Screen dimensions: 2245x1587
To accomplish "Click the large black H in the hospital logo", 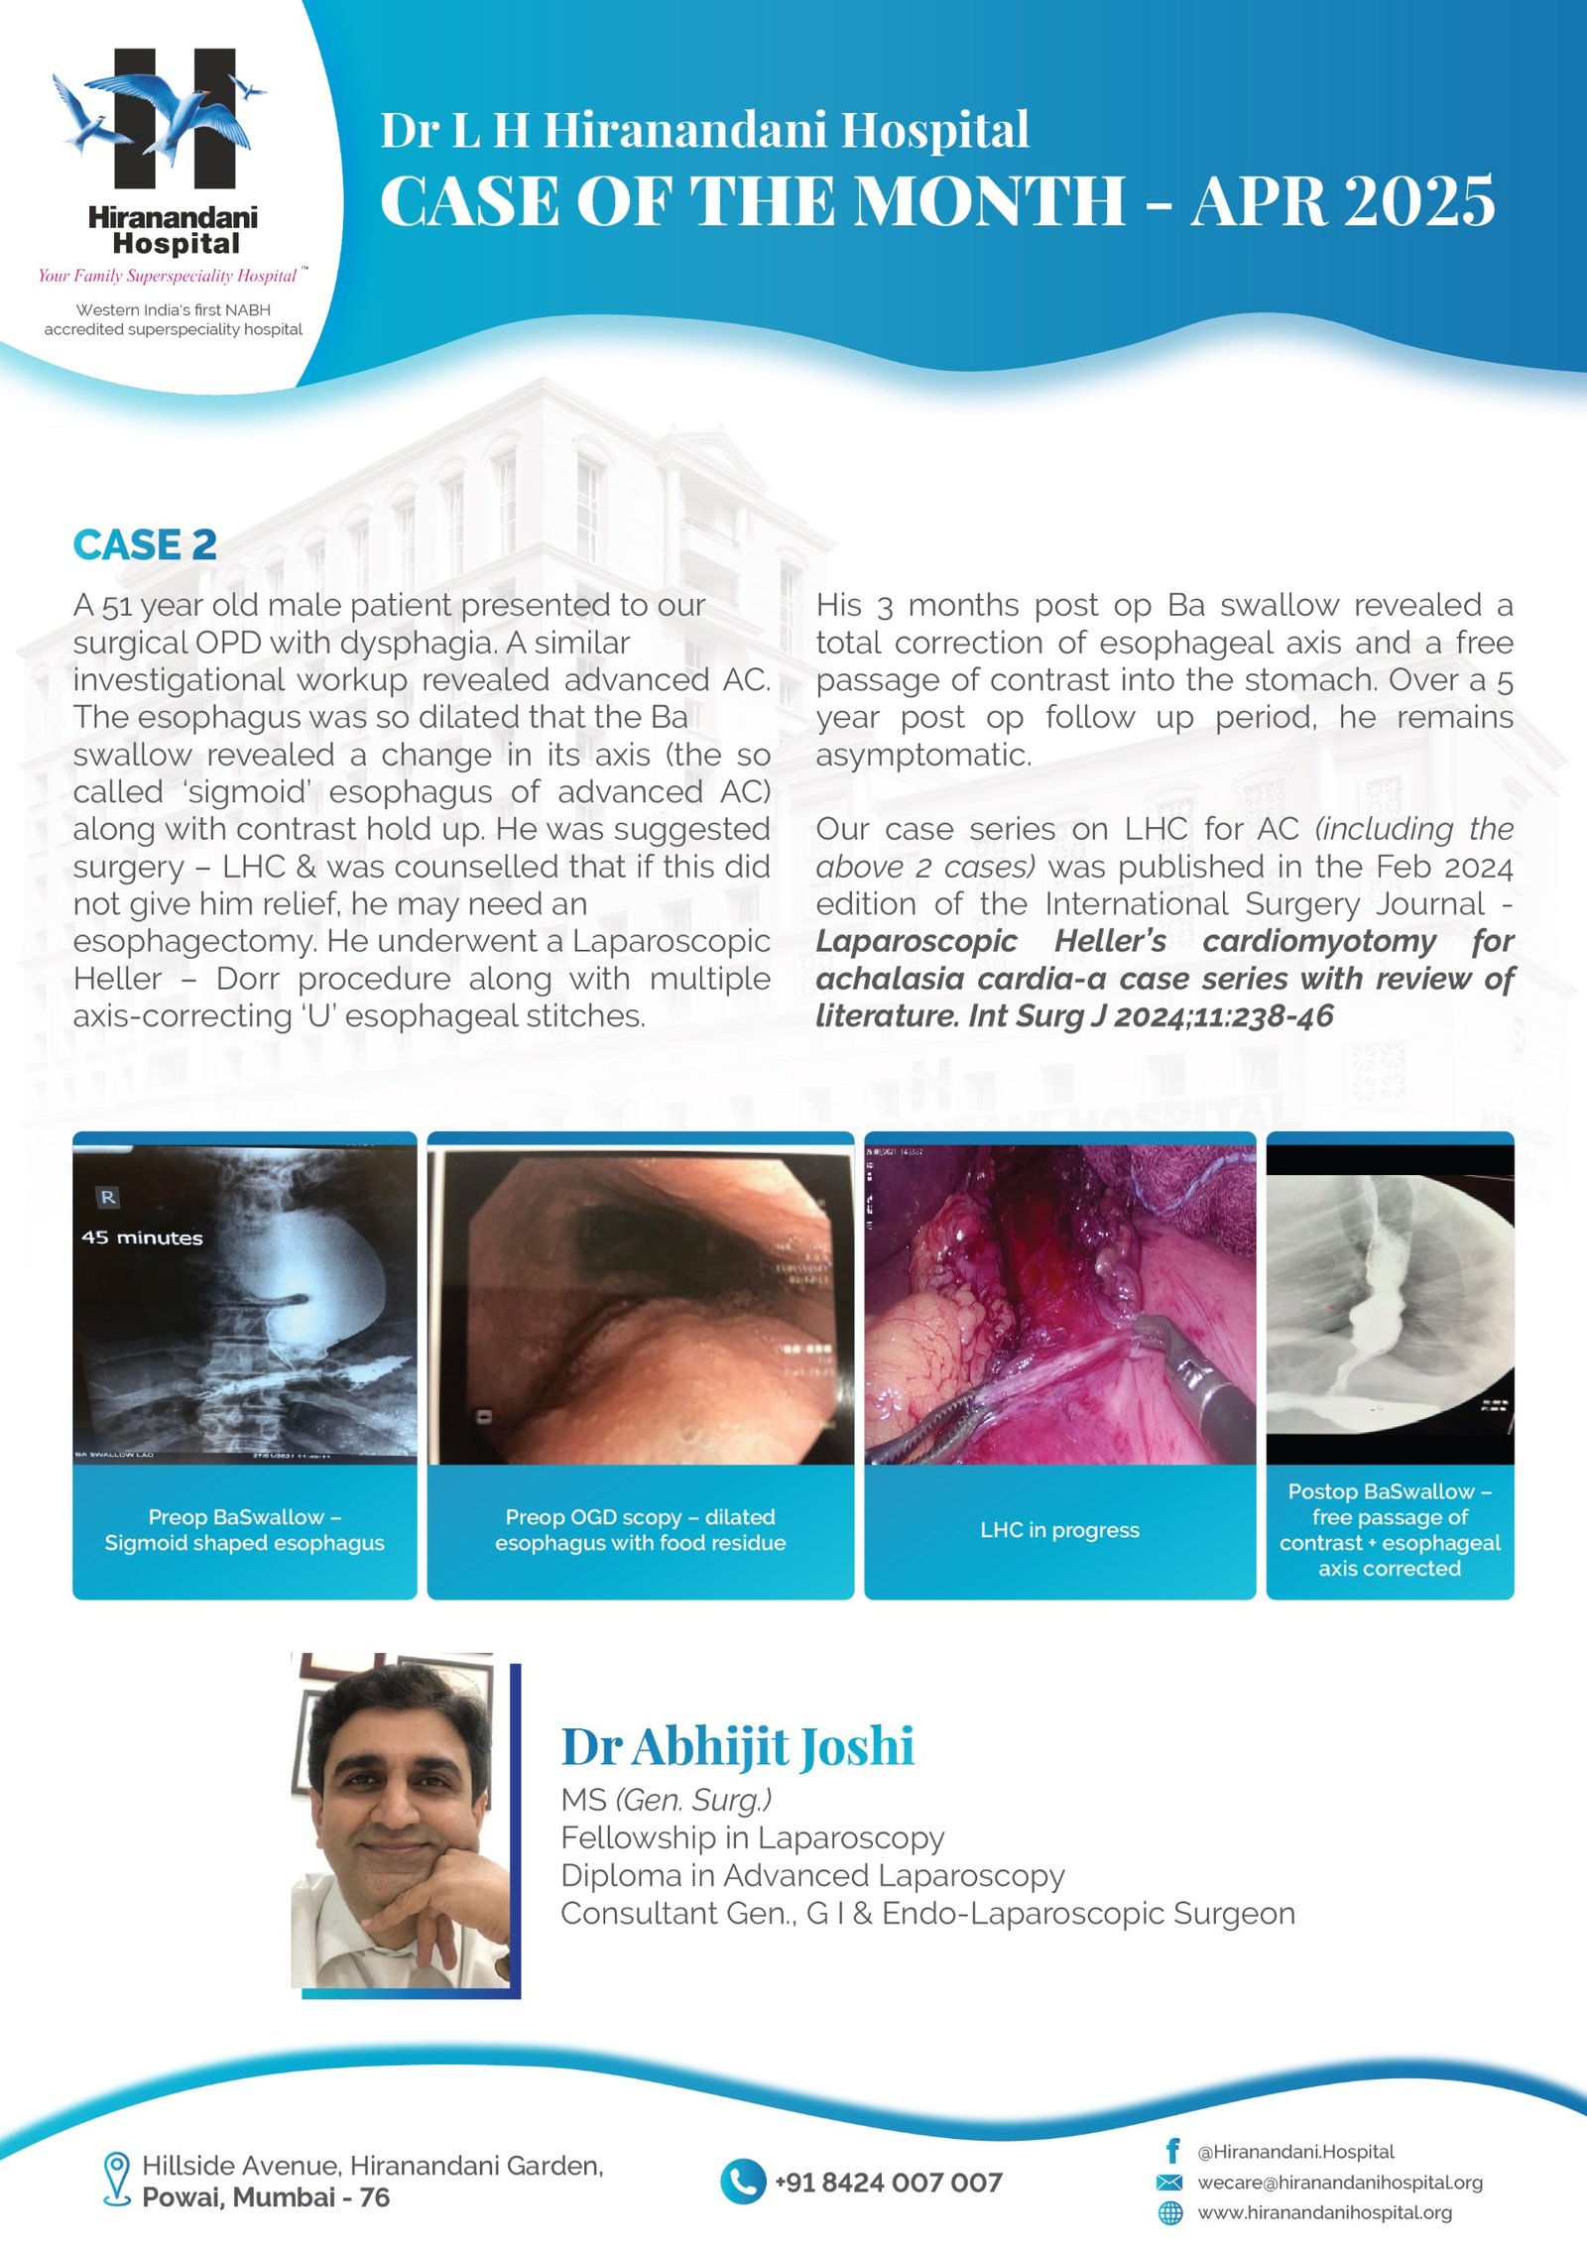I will (175, 119).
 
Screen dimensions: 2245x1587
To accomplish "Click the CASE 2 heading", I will (145, 545).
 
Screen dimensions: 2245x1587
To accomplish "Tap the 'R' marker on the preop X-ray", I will (108, 1197).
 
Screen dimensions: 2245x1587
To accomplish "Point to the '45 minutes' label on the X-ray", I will (142, 1238).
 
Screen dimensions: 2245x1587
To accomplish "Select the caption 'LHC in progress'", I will (1059, 1530).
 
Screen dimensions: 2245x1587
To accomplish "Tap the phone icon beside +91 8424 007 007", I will (742, 2182).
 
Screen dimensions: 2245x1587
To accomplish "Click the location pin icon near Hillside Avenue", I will (117, 2179).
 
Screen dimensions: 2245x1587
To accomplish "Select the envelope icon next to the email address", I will (1170, 2182).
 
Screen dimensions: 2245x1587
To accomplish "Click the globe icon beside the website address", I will (1170, 2212).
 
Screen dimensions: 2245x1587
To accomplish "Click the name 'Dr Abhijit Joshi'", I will (737, 1746).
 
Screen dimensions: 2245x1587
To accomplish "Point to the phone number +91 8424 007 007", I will (889, 2183).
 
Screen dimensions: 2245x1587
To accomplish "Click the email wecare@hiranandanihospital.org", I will (1340, 2182).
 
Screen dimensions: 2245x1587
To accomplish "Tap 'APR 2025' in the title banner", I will (1343, 201).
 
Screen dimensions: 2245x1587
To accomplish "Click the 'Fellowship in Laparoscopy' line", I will (752, 1837).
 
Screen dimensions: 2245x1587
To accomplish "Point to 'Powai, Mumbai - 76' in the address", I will (266, 2197).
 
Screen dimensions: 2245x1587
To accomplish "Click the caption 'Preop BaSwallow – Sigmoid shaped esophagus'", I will (244, 1530).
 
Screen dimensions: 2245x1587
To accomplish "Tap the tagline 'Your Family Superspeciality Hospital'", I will (168, 276).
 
